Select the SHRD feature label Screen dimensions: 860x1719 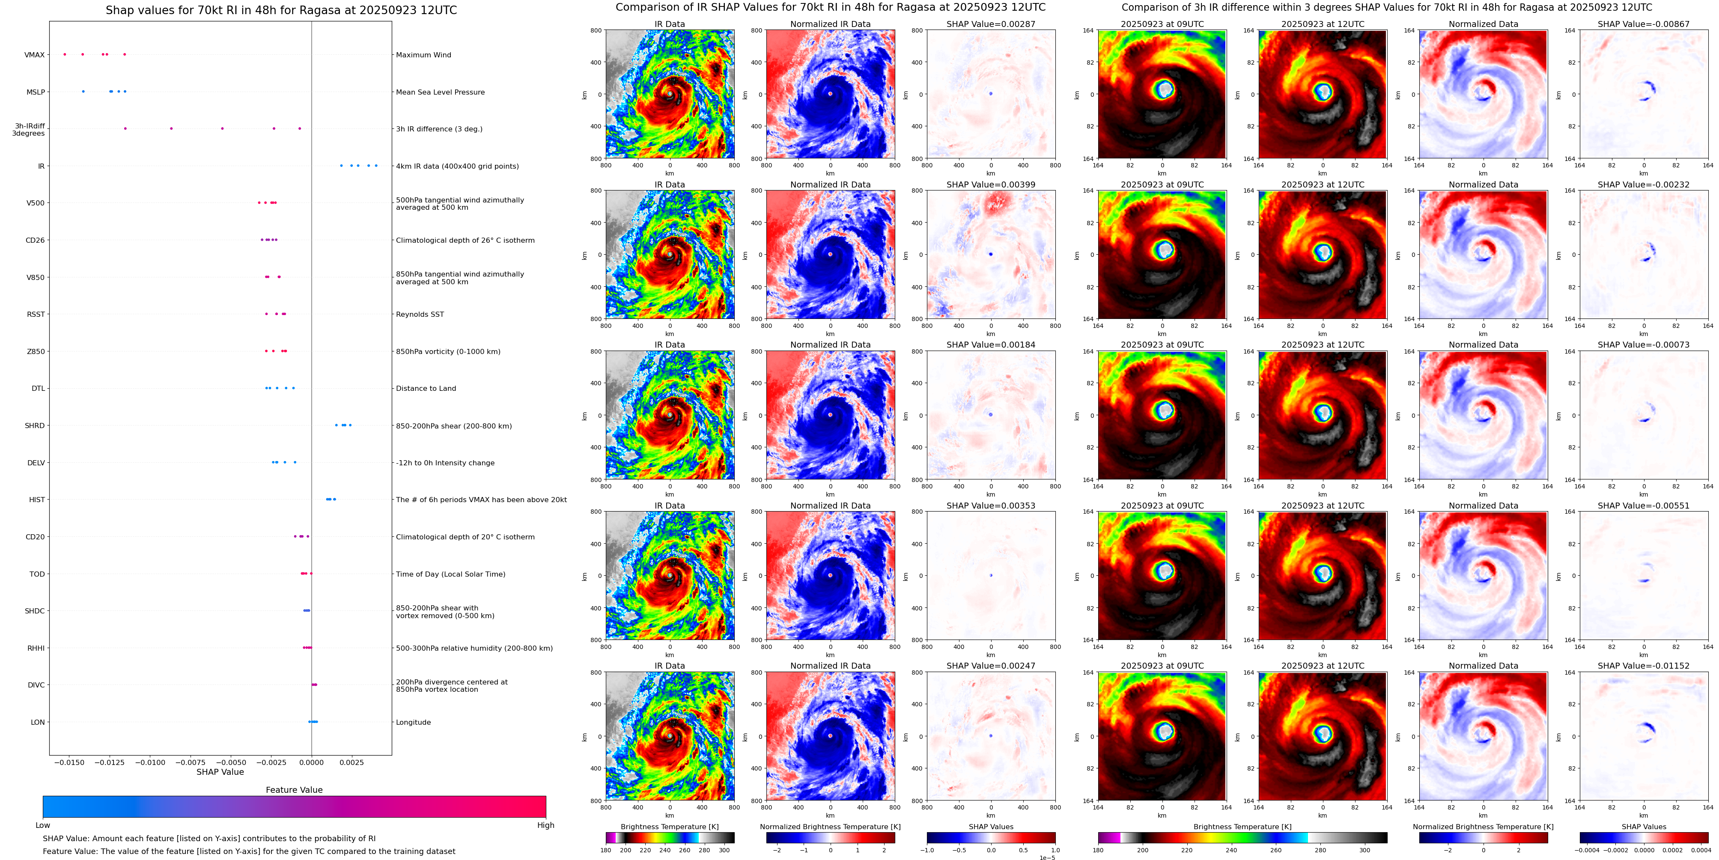coord(35,426)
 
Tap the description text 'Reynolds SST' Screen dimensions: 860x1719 coord(419,314)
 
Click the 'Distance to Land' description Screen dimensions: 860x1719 coord(426,388)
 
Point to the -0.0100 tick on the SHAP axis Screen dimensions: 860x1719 coord(151,762)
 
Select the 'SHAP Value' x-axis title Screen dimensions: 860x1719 coord(220,772)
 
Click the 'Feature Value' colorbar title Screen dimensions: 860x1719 coord(294,790)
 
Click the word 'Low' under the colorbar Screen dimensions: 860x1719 coord(43,825)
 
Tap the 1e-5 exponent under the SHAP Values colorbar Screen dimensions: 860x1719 coord(1047,857)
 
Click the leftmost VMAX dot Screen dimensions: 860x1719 coord(65,54)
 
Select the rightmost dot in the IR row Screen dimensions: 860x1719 coord(376,166)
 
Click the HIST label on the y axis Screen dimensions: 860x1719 coord(37,500)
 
